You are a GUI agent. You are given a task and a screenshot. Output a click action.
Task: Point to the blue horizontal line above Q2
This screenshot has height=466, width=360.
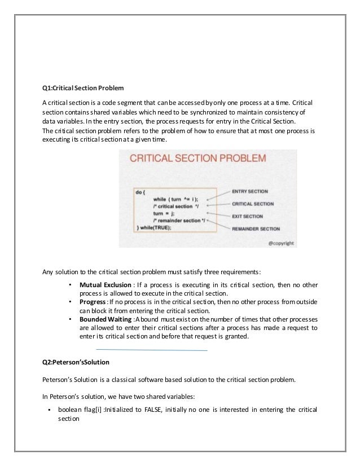pos(152,350)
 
